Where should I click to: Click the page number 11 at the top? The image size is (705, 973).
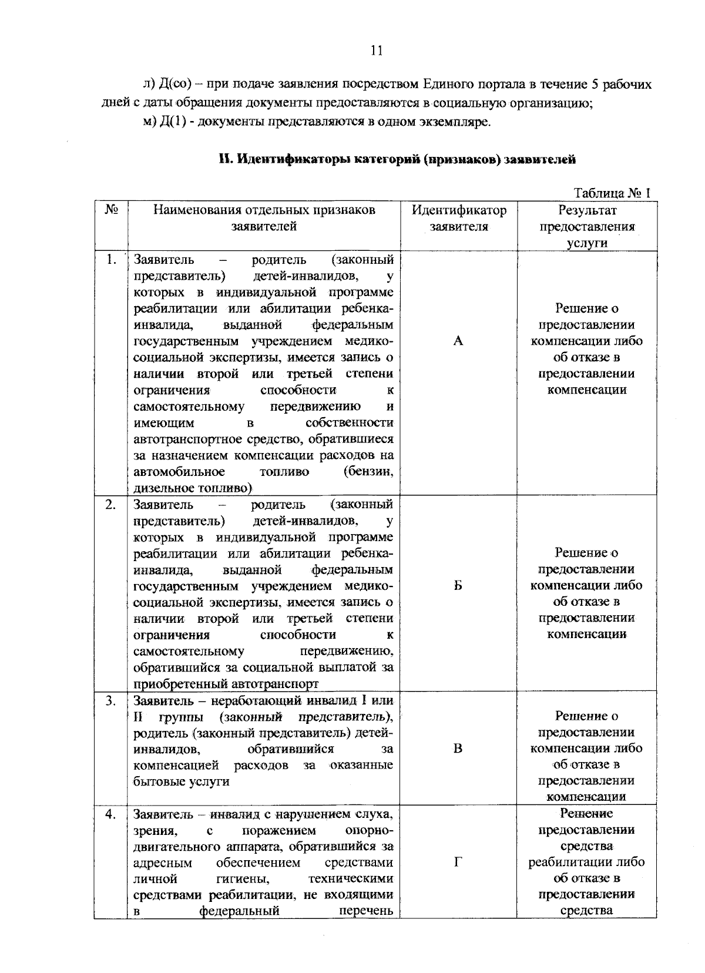pyautogui.click(x=377, y=51)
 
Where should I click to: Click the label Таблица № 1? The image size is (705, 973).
pyautogui.click(x=612, y=193)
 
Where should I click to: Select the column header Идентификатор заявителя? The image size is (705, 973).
pyautogui.click(x=458, y=218)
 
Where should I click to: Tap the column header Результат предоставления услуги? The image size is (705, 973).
pyautogui.click(x=587, y=226)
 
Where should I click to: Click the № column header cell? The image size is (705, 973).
pyautogui.click(x=111, y=210)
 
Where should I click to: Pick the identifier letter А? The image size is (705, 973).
pyautogui.click(x=458, y=341)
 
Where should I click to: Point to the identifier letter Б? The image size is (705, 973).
pyautogui.click(x=458, y=585)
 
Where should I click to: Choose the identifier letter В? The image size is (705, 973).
pyautogui.click(x=458, y=749)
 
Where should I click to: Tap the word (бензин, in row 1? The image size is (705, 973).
pyautogui.click(x=368, y=472)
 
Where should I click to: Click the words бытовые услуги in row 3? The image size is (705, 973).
pyautogui.click(x=181, y=781)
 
